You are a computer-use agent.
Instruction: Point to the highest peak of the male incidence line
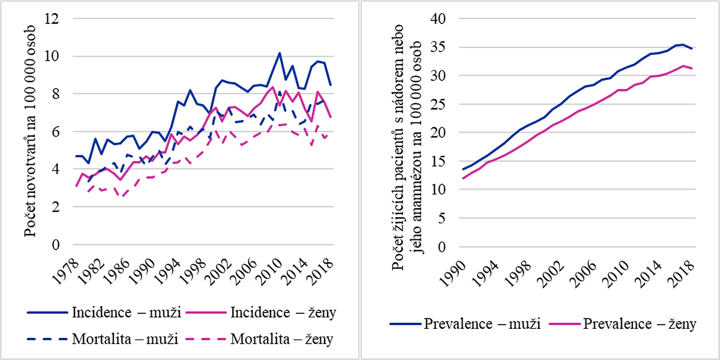[x=279, y=53]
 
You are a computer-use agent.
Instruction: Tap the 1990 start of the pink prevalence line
[x=463, y=178]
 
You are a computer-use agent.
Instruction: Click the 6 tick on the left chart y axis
[x=55, y=132]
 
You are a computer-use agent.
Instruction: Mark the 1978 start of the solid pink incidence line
[x=76, y=187]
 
